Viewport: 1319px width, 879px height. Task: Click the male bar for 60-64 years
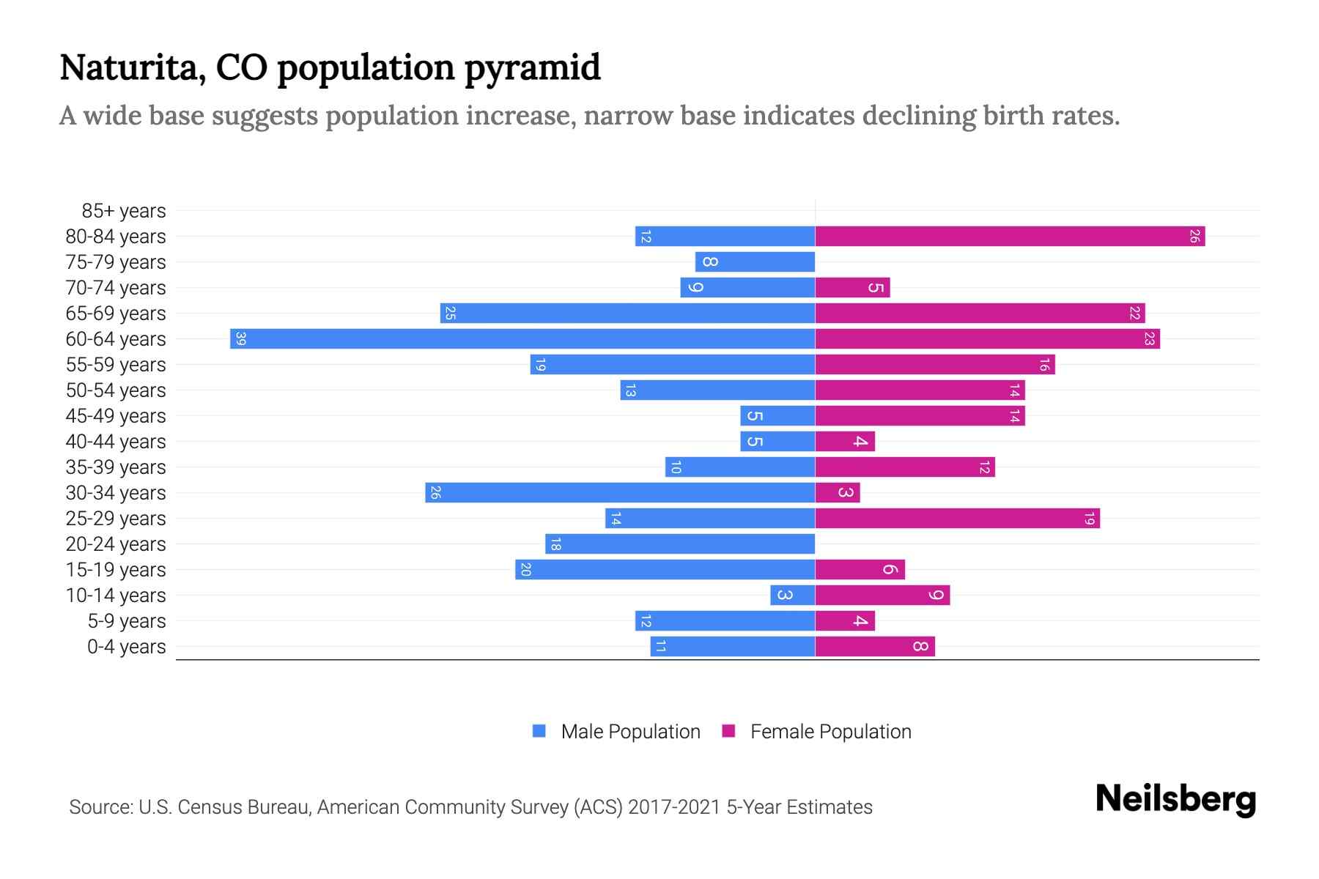tap(522, 338)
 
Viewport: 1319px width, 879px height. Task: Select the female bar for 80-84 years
tap(1010, 236)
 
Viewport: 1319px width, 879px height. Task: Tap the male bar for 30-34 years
tap(620, 492)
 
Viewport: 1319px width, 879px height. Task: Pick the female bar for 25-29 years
tap(957, 518)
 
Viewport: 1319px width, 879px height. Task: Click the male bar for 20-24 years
tap(680, 544)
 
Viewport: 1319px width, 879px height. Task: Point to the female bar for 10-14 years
tap(882, 595)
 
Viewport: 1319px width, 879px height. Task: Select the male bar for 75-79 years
tap(755, 262)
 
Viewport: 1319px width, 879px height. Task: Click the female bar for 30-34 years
tap(837, 492)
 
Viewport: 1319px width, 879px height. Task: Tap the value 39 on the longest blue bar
tap(240, 338)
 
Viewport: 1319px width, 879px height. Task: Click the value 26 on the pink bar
tap(1194, 236)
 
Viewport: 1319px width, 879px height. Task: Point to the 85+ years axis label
tap(123, 211)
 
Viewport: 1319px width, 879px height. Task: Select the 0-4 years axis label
tap(126, 647)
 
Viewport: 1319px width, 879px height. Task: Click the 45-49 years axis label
tap(116, 416)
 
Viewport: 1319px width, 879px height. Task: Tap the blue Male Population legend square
tap(539, 731)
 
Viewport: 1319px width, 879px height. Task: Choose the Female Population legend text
tap(830, 731)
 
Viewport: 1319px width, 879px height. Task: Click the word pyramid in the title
tap(533, 68)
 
